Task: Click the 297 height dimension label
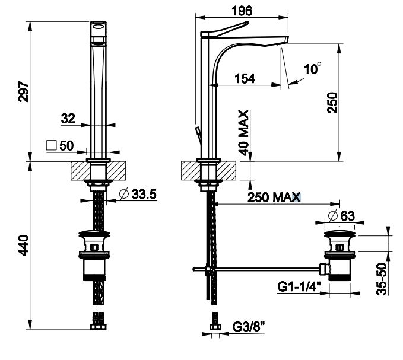(x=23, y=92)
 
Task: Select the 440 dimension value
(x=23, y=246)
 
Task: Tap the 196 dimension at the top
(x=242, y=11)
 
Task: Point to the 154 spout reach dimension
(x=245, y=78)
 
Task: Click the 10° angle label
(x=313, y=69)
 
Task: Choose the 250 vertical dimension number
(x=332, y=103)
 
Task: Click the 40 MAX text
(x=243, y=132)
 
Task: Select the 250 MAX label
(x=274, y=197)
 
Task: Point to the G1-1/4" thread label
(x=299, y=286)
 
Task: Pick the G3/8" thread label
(x=249, y=327)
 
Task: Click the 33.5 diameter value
(x=144, y=194)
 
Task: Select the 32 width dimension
(x=68, y=119)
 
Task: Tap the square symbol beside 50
(x=51, y=145)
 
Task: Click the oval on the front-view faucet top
(x=99, y=26)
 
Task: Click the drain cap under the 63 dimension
(x=339, y=234)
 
